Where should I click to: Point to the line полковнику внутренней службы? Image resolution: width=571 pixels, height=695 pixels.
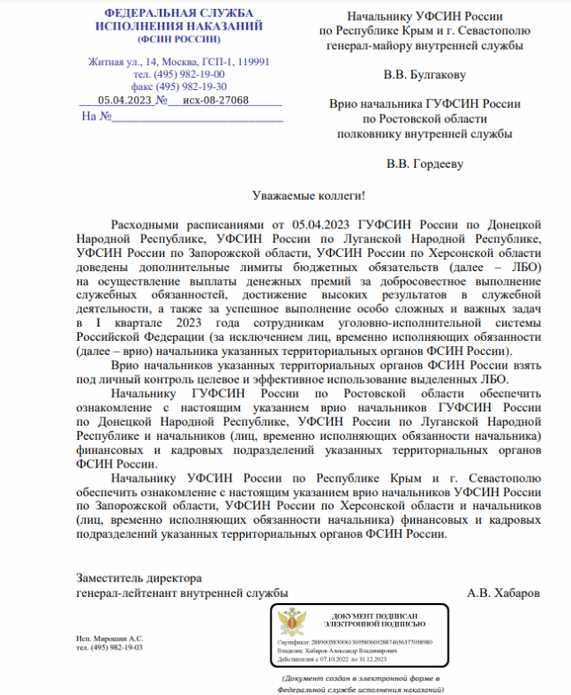click(x=424, y=134)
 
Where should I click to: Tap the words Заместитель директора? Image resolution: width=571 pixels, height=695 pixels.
click(x=139, y=576)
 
